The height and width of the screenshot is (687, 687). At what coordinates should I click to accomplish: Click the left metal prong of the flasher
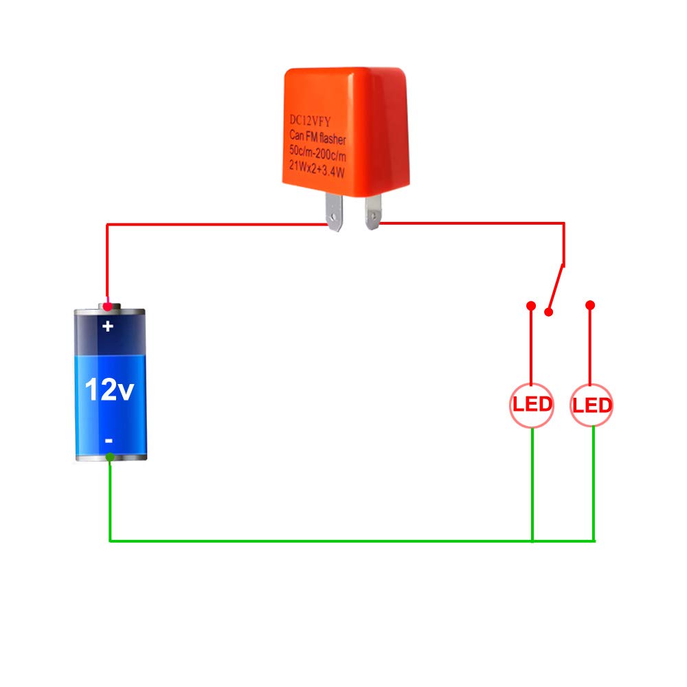[334, 212]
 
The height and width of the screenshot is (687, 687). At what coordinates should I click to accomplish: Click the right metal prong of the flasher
[372, 212]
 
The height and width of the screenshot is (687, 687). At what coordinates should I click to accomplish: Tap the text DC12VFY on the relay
[310, 120]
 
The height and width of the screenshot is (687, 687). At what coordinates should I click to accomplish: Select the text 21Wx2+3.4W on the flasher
[316, 169]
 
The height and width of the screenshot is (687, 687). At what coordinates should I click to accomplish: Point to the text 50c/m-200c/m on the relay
[317, 153]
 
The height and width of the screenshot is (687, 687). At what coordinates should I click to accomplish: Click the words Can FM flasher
[317, 137]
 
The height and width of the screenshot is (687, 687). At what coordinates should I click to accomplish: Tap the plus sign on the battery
[108, 326]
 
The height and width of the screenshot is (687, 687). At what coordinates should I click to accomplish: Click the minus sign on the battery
[109, 440]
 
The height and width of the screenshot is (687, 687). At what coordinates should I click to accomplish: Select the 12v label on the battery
[109, 389]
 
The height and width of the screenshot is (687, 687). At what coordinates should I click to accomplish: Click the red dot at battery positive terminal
[107, 306]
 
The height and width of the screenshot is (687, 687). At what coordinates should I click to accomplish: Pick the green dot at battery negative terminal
[110, 457]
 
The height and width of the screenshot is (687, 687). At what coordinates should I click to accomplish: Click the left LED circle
[532, 405]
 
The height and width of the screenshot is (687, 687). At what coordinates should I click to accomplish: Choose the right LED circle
[591, 405]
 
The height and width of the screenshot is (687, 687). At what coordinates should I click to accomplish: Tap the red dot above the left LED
[531, 306]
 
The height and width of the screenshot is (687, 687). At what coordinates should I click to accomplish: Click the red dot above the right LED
[590, 305]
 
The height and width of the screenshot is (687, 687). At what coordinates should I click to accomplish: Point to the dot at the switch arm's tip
[548, 312]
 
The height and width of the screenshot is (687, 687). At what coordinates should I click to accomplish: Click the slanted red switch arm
[556, 288]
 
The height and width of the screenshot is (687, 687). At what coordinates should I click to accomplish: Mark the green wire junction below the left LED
[532, 541]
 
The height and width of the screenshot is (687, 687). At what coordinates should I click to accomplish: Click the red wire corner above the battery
[107, 225]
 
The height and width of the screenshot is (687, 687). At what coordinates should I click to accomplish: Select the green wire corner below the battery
[110, 541]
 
